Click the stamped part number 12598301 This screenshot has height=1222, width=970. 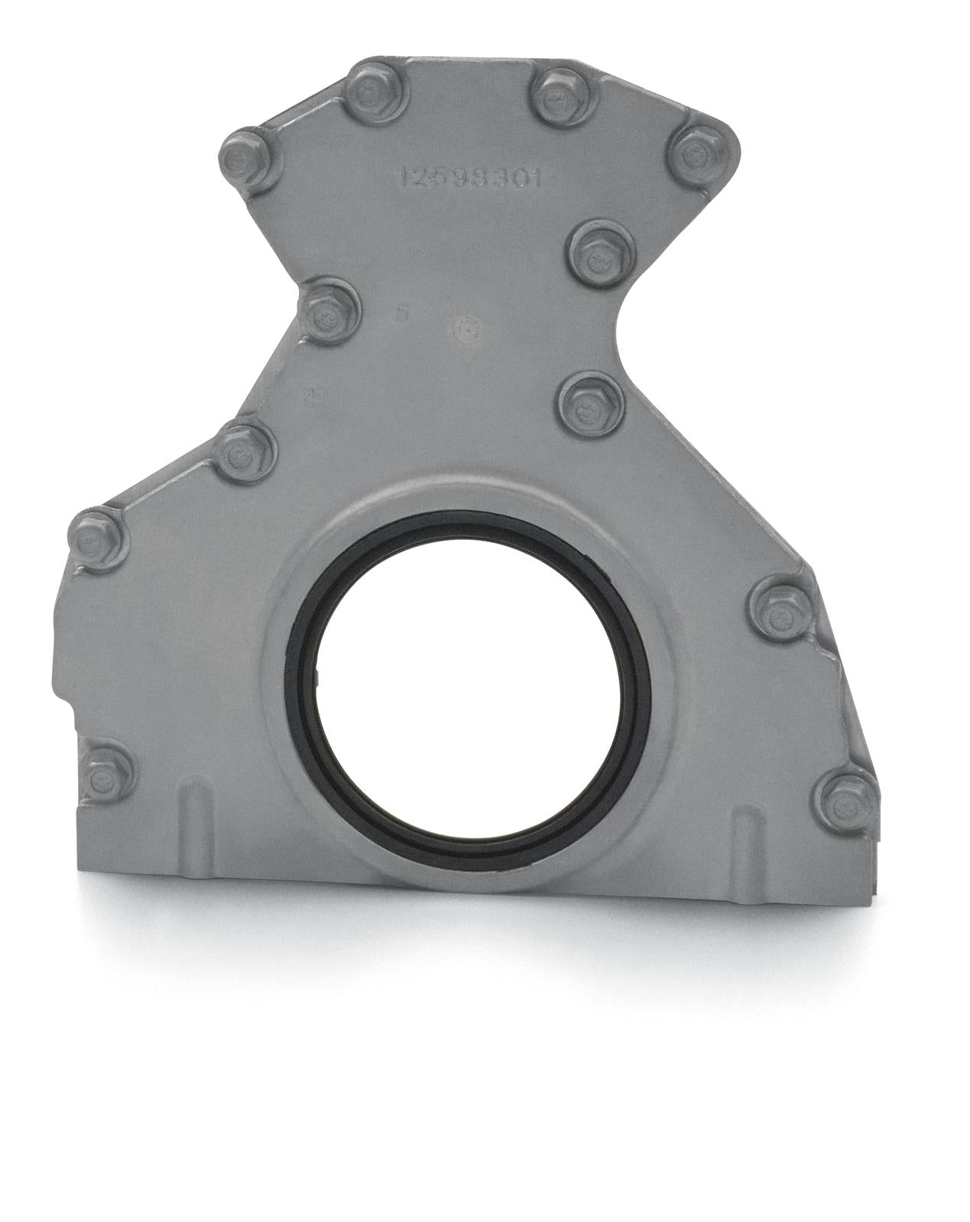click(469, 178)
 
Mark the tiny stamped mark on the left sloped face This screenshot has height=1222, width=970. click(313, 394)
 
